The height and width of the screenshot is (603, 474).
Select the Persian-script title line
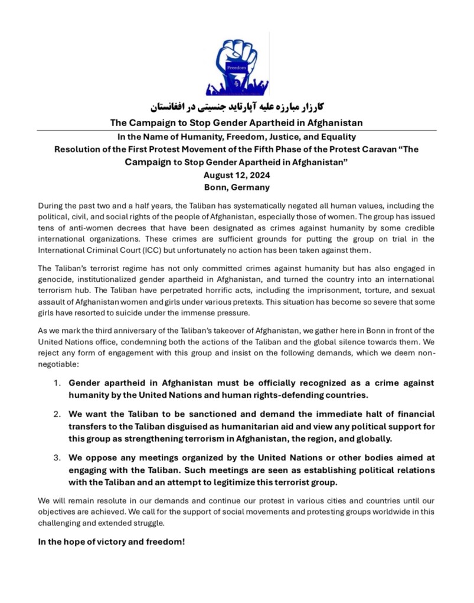pos(237,107)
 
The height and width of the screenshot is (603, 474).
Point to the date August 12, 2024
pos(237,175)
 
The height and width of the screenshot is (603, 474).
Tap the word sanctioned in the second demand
pos(191,414)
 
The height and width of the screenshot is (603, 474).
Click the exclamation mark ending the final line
pos(184,541)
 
